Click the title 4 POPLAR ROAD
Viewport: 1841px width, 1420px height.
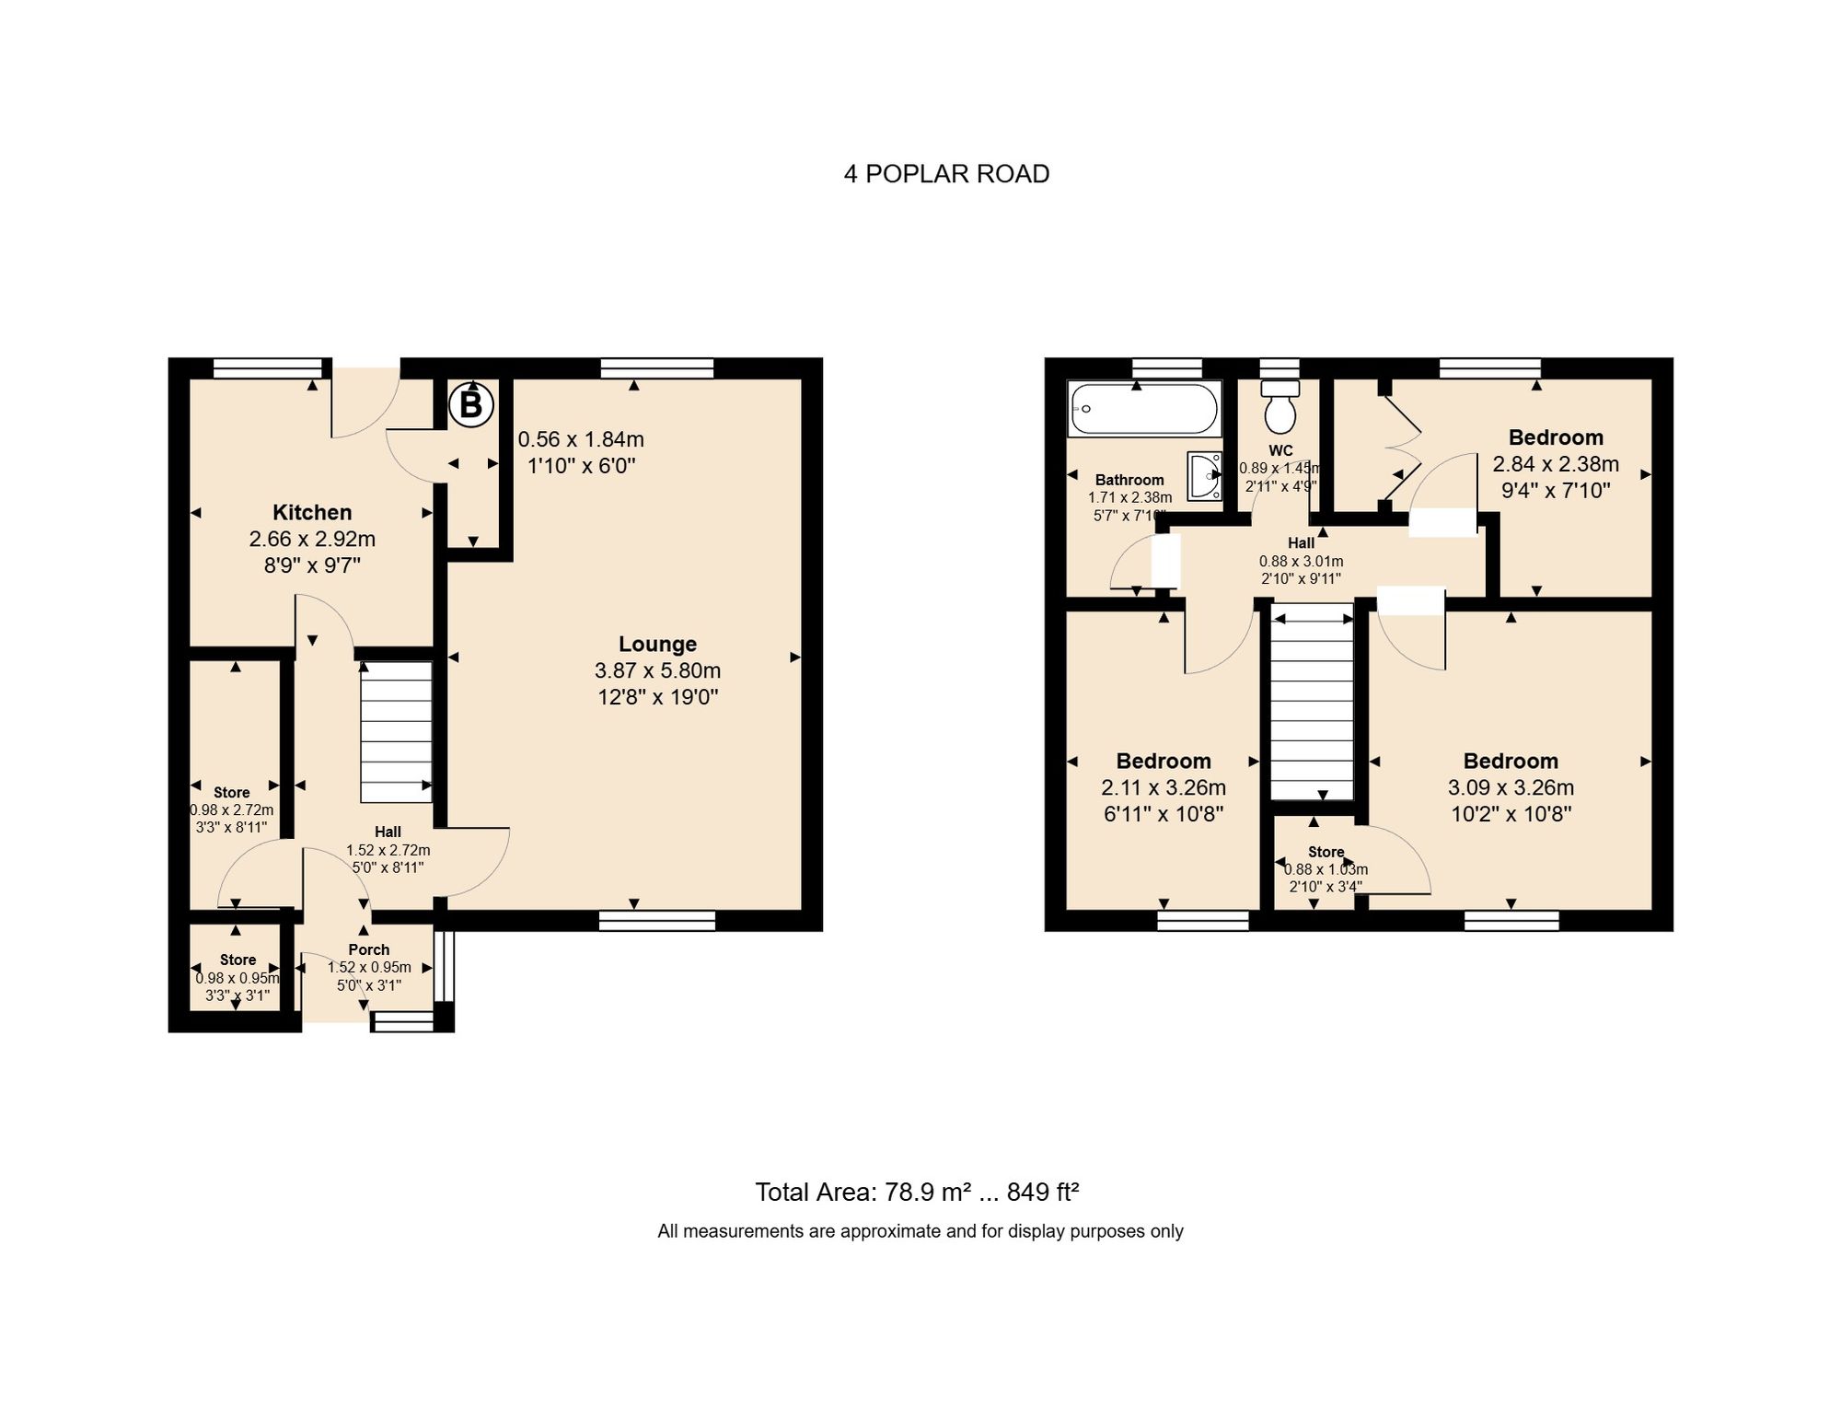pyautogui.click(x=946, y=174)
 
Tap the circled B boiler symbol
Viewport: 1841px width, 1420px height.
pyautogui.click(x=470, y=404)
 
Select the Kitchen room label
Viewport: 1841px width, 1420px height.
pyautogui.click(x=312, y=512)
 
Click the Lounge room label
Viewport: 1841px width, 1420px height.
pyautogui.click(x=657, y=644)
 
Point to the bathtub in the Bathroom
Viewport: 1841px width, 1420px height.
pyautogui.click(x=1143, y=409)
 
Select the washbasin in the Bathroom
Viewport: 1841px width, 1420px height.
pyautogui.click(x=1204, y=475)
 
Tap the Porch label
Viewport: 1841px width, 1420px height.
pyautogui.click(x=368, y=949)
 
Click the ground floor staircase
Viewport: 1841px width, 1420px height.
pyautogui.click(x=396, y=732)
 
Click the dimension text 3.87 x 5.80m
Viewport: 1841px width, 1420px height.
pyautogui.click(x=657, y=670)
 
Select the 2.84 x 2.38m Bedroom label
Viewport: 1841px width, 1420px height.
pyautogui.click(x=1556, y=437)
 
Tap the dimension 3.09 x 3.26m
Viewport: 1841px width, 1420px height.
pyautogui.click(x=1511, y=787)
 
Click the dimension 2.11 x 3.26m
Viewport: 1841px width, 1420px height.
pyautogui.click(x=1164, y=787)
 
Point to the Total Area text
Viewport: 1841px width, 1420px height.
pyautogui.click(x=917, y=1192)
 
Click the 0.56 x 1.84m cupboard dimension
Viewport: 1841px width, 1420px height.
pyautogui.click(x=581, y=439)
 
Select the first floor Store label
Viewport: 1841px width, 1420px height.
pyautogui.click(x=1326, y=852)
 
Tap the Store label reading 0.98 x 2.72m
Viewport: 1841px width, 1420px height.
pyautogui.click(x=232, y=792)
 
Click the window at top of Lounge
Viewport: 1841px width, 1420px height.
pyautogui.click(x=656, y=368)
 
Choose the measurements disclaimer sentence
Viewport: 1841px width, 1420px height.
pyautogui.click(x=920, y=1231)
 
